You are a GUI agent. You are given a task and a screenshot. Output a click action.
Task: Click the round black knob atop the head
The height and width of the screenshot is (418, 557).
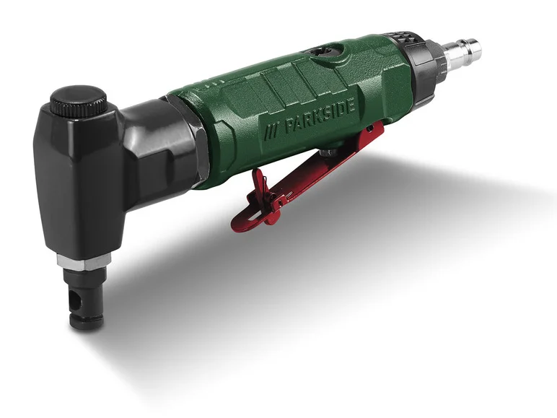(78, 100)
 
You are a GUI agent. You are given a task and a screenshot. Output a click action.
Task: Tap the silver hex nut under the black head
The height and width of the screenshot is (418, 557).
(84, 260)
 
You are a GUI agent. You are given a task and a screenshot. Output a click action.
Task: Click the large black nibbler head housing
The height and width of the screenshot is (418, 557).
(79, 180)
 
